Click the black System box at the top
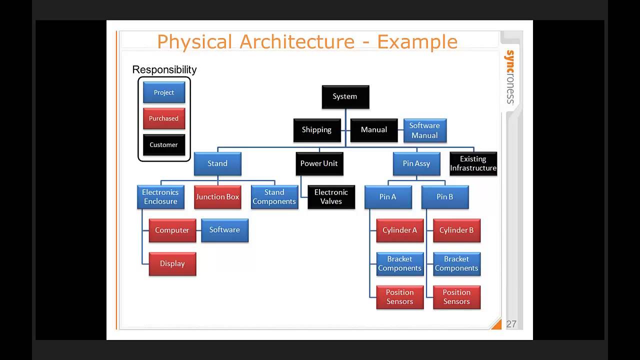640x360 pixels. click(x=345, y=96)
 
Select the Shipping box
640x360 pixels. click(x=316, y=130)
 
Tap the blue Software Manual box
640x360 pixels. click(x=424, y=130)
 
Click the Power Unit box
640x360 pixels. click(x=319, y=163)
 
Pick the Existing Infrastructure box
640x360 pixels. click(x=473, y=163)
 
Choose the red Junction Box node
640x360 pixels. click(x=217, y=197)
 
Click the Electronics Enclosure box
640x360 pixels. click(x=160, y=197)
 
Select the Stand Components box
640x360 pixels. click(x=274, y=197)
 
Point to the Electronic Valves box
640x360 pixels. click(x=331, y=197)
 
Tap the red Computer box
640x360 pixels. click(x=172, y=230)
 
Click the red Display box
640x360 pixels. click(x=172, y=263)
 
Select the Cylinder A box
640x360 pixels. click(x=399, y=230)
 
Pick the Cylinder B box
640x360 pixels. click(x=456, y=230)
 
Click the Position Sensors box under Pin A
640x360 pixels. click(x=399, y=297)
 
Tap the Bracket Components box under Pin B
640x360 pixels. click(x=456, y=263)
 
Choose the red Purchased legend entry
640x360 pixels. click(x=163, y=118)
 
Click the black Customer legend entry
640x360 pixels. click(x=163, y=145)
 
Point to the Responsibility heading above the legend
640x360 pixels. click(x=164, y=69)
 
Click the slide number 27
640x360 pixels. click(x=511, y=324)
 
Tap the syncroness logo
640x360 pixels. click(x=510, y=77)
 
